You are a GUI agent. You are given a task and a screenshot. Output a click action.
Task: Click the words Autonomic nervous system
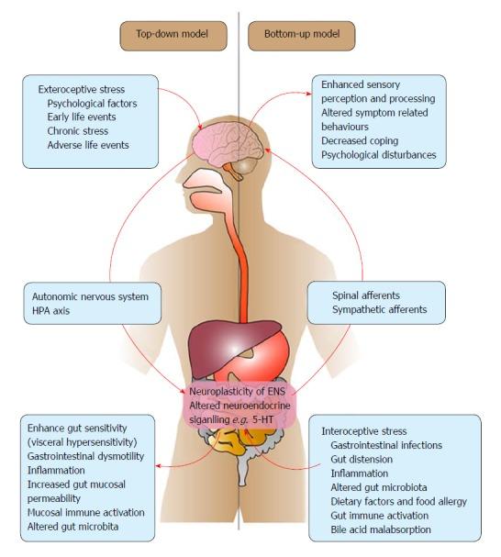90,296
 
